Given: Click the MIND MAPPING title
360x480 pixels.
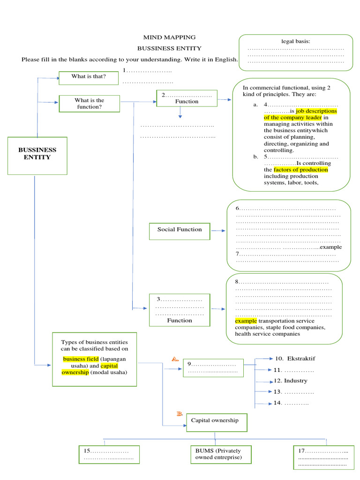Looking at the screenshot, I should [x=169, y=37].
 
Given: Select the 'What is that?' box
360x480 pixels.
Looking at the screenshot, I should [x=89, y=77].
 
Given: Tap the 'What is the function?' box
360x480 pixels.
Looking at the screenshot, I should [x=89, y=104].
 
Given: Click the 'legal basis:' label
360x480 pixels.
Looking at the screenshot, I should [x=295, y=41].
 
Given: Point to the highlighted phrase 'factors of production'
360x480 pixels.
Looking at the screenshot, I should [x=300, y=170].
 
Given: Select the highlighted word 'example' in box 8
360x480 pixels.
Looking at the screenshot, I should [x=246, y=321].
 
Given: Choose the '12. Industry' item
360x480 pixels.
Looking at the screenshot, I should [x=291, y=381].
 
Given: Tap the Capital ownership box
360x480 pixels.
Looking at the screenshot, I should [x=217, y=421].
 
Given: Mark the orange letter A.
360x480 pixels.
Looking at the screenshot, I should [x=175, y=359].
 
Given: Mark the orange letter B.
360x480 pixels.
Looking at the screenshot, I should [x=179, y=413].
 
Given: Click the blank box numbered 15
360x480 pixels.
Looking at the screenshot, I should [x=109, y=454].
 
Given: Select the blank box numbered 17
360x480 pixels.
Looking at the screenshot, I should [x=323, y=457].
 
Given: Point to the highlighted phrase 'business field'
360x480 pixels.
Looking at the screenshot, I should [x=81, y=359].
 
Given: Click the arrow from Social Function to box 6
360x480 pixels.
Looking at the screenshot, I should [x=218, y=231].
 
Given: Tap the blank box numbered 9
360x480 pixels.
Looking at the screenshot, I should [x=213, y=367].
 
